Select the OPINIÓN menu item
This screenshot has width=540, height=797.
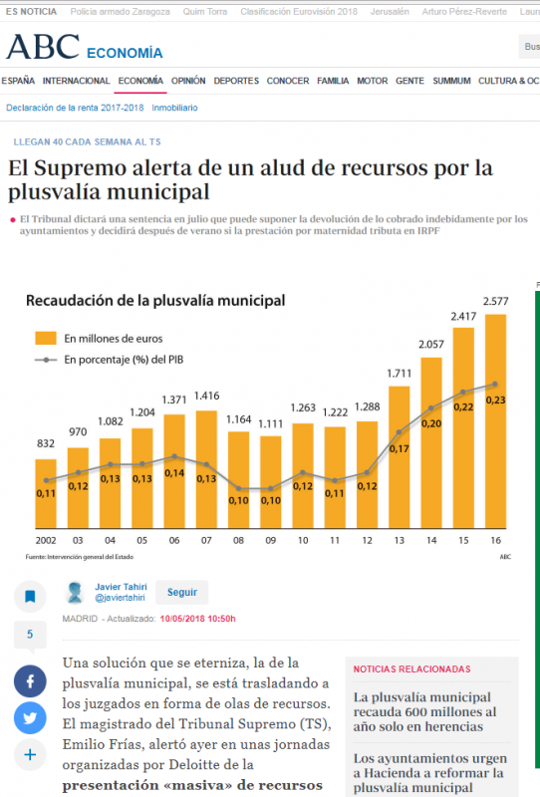[188, 81]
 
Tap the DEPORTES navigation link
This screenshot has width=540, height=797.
[236, 81]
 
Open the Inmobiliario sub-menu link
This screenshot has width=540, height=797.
[174, 107]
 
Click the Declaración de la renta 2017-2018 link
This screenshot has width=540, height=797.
[75, 107]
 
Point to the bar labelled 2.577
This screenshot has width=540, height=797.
[495, 418]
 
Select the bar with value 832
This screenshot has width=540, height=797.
[46, 493]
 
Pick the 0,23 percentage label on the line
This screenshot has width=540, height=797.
[495, 399]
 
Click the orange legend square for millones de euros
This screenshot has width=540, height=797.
[45, 338]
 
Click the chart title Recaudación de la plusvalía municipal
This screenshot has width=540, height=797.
[155, 300]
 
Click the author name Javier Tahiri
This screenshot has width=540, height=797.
[121, 586]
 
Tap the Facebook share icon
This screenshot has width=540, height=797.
[30, 681]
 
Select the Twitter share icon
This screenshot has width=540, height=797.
[30, 717]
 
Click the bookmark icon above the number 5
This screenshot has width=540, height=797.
[30, 597]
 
